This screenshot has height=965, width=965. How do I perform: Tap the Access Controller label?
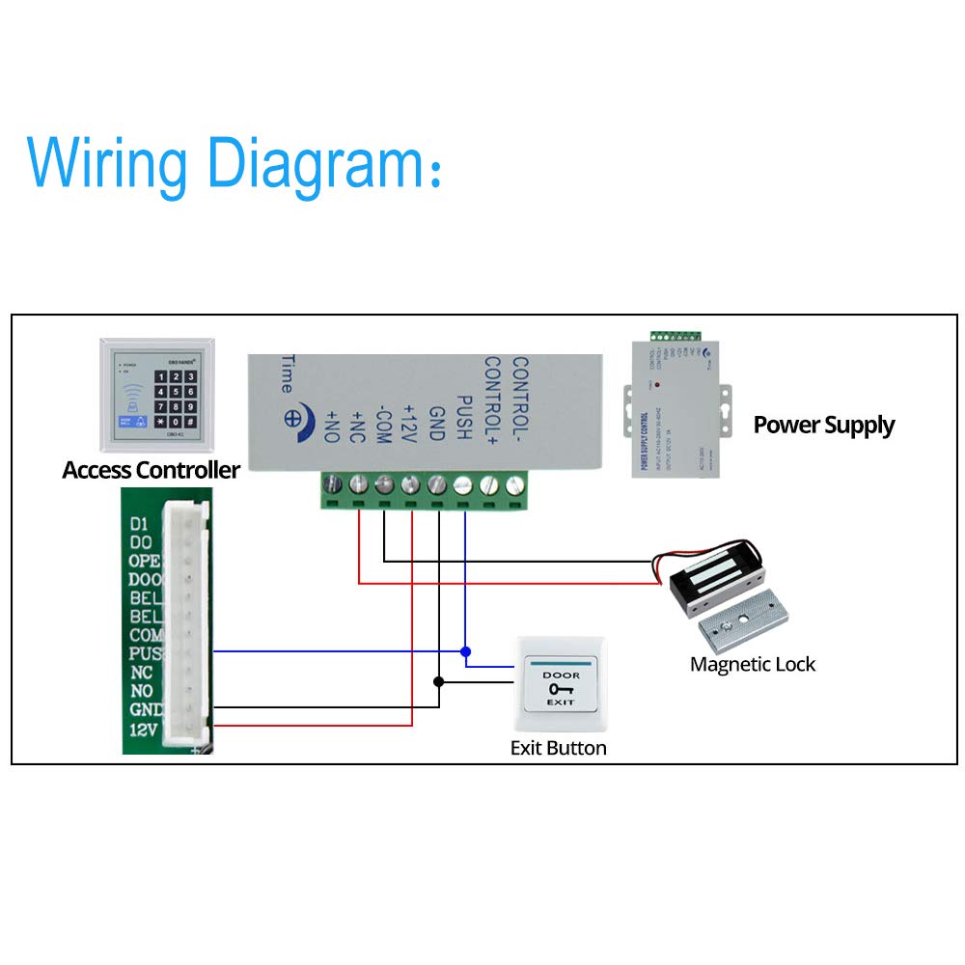click(151, 471)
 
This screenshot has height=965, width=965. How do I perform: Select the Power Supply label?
click(823, 426)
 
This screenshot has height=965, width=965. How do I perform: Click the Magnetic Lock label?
click(753, 664)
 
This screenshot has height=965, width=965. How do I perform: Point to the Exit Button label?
click(558, 748)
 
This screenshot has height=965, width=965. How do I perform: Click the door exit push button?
click(561, 687)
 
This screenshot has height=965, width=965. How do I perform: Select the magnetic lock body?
click(713, 579)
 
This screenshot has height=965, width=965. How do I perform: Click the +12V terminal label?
click(409, 422)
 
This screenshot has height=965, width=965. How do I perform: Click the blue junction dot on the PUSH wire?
click(465, 651)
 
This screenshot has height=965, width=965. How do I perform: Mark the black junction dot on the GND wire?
click(439, 681)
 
